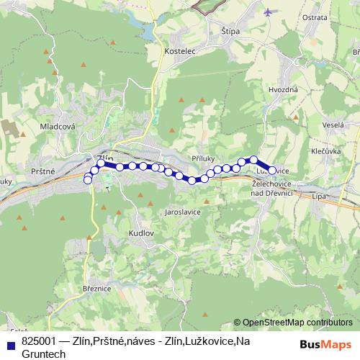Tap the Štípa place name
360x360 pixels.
[230, 31]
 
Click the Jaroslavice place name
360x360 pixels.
[182, 213]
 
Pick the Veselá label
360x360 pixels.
[333, 125]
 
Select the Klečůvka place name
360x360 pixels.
[325, 152]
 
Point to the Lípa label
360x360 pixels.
[320, 196]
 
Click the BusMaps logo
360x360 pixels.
[326, 343]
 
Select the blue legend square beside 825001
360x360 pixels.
[10, 343]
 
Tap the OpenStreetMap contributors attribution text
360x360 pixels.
[297, 323]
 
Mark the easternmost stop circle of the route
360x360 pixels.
[272, 171]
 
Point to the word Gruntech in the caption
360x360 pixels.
[44, 354]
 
